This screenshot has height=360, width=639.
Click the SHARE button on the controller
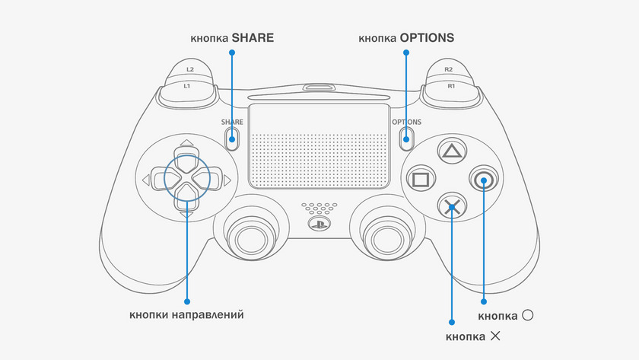pos(232,138)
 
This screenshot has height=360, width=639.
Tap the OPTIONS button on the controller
pos(406,138)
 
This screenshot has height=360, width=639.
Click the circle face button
pos(483,180)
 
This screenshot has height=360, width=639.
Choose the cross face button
pos(451,206)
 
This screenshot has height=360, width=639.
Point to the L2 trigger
pos(189,70)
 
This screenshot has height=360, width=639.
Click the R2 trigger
pos(449,70)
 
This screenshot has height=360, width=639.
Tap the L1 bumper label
pos(187,86)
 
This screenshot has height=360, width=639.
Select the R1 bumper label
pos(450,86)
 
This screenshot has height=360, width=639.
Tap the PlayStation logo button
pos(319,224)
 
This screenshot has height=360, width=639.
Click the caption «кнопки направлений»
pos(186,314)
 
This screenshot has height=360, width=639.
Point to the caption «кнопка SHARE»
pos(232,37)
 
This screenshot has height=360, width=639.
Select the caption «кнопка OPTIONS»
pos(406,37)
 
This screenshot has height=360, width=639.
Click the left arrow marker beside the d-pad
pos(145,180)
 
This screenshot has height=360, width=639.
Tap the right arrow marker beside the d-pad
pos(227,180)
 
